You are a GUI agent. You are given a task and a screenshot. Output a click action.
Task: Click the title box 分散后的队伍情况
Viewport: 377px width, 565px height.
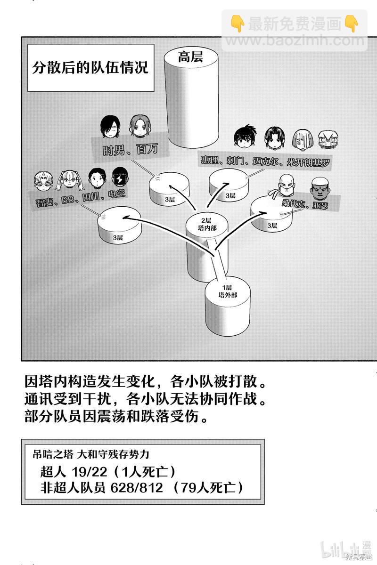pos(90,68)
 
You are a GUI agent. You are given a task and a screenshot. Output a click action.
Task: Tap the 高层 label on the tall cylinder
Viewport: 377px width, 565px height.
pos(190,58)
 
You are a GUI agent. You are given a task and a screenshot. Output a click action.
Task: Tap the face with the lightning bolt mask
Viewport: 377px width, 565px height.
pos(119,178)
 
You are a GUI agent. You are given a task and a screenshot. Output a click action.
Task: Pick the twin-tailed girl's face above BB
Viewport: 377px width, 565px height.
pos(71,179)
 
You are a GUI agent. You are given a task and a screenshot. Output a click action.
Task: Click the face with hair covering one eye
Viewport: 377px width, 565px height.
pos(111,126)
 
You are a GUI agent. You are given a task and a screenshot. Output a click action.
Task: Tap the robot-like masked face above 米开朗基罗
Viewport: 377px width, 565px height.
pos(328,139)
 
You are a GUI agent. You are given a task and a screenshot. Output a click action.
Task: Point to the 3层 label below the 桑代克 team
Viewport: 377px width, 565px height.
pos(272,226)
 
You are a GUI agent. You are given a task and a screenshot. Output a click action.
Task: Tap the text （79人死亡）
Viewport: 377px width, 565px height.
pos(208,488)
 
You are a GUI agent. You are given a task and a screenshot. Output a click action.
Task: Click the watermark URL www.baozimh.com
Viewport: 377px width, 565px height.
pos(295,40)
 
